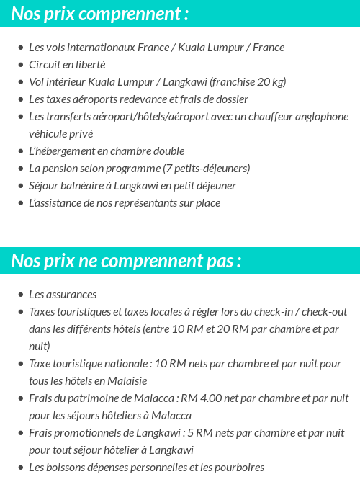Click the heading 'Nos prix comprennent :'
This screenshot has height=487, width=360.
tap(100, 14)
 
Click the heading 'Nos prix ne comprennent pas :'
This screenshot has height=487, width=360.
tap(126, 260)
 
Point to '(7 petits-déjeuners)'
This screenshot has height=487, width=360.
tap(210, 169)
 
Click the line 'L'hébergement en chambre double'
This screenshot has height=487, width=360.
tap(107, 151)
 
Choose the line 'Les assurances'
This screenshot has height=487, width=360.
tap(63, 295)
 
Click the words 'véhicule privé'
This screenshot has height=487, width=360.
tap(60, 134)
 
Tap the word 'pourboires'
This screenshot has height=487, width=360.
tap(240, 468)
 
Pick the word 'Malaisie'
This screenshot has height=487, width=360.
tap(125, 381)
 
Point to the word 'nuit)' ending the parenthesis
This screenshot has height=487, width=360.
tap(40, 347)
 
